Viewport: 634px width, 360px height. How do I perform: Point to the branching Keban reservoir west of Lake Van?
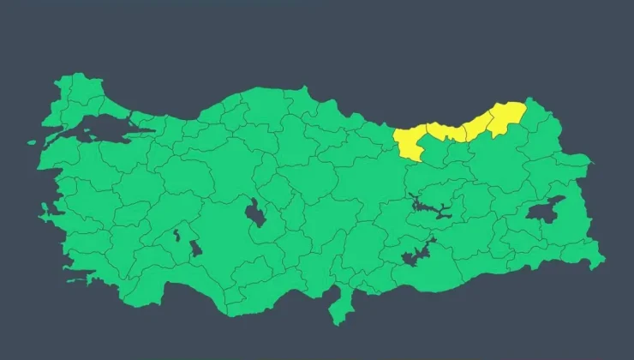(x=428, y=206)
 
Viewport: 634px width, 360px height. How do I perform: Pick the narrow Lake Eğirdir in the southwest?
(x=177, y=234)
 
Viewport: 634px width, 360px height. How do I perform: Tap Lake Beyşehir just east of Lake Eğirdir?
(x=196, y=249)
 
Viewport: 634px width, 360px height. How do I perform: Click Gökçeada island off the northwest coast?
(x=32, y=143)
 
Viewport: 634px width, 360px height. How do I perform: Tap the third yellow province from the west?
(x=475, y=128)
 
